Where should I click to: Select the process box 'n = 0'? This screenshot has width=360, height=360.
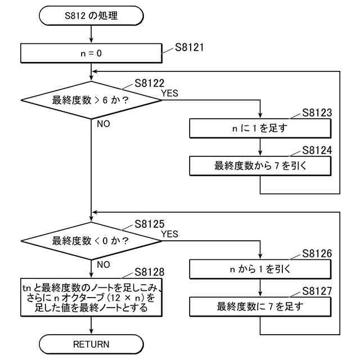pos(91,55)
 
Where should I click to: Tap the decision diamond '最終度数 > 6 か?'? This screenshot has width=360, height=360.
pos(91,101)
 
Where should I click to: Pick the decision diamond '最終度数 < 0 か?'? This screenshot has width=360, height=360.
pos(91,241)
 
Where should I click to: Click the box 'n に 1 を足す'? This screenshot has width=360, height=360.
pos(260,128)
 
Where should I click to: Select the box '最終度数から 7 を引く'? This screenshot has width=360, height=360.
pos(260,166)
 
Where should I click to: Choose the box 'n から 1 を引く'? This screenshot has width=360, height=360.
pos(260,269)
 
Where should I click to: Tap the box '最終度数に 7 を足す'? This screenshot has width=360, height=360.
pos(260,307)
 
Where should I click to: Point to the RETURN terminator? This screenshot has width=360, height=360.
pos(91,343)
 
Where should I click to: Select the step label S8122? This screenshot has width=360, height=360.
pos(150,83)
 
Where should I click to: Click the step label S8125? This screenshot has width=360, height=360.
pos(150,224)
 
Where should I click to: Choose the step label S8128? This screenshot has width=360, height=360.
pos(150,272)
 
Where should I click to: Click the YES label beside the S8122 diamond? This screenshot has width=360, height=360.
pos(169,93)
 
